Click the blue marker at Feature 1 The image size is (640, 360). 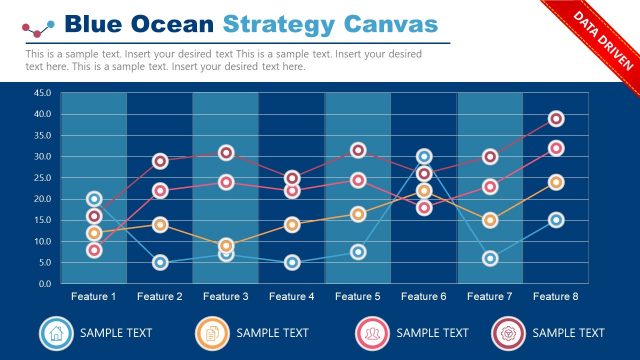[94, 199]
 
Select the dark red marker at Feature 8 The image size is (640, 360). [556, 119]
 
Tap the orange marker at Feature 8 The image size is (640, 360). [556, 182]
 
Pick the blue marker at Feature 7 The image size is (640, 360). [490, 258]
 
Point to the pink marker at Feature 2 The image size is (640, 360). [160, 190]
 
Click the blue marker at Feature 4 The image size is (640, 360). [292, 262]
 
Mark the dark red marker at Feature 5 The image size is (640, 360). [358, 150]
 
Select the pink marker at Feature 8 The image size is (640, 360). [556, 148]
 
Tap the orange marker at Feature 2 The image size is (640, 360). [160, 224]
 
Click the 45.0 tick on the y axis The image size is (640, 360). [42, 93]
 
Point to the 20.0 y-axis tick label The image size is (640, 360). [42, 199]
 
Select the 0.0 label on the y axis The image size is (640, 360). [45, 284]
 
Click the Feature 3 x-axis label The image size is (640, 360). [226, 297]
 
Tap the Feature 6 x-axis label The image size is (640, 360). [424, 297]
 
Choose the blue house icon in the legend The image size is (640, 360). [57, 332]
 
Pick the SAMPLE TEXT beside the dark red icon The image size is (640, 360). [568, 333]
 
